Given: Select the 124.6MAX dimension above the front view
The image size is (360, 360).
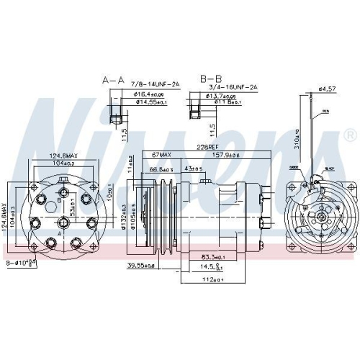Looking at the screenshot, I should pyautogui.click(x=63, y=155).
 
